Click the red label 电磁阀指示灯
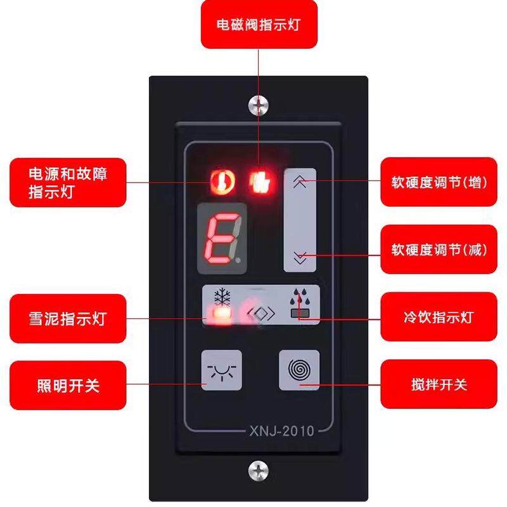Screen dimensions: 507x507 (258, 25)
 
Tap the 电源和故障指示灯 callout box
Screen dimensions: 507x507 (68, 183)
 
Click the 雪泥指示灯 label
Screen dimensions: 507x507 (68, 318)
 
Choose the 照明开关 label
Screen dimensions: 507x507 (68, 384)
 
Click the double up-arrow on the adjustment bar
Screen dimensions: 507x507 (300, 182)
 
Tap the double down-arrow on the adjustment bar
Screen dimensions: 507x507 (300, 257)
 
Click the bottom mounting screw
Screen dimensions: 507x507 (258, 470)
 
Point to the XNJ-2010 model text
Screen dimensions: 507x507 (278, 432)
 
